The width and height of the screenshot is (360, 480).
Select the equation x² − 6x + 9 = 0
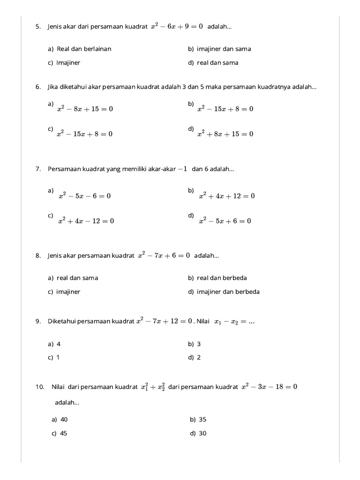pyautogui.click(x=176, y=27)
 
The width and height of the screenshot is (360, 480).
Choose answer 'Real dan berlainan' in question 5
pyautogui.click(x=84, y=49)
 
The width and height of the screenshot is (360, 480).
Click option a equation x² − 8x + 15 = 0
pyautogui.click(x=85, y=109)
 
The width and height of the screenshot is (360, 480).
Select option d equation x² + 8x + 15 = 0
pyautogui.click(x=225, y=134)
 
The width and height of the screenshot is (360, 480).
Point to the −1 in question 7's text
pyautogui.click(x=182, y=169)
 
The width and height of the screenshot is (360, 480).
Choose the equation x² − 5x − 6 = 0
pyautogui.click(x=84, y=196)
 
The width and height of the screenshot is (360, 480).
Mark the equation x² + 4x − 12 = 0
pyautogui.click(x=86, y=221)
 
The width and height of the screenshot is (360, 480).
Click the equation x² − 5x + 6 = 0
pyautogui.click(x=225, y=221)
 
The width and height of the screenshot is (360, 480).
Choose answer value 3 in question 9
pyautogui.click(x=199, y=344)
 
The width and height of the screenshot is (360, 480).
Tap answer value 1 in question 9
pyautogui.click(x=58, y=357)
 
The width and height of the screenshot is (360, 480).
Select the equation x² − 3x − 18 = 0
pyautogui.click(x=269, y=387)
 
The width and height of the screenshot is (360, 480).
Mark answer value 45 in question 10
pyautogui.click(x=63, y=434)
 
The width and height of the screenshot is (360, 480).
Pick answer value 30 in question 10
pyautogui.click(x=202, y=434)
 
